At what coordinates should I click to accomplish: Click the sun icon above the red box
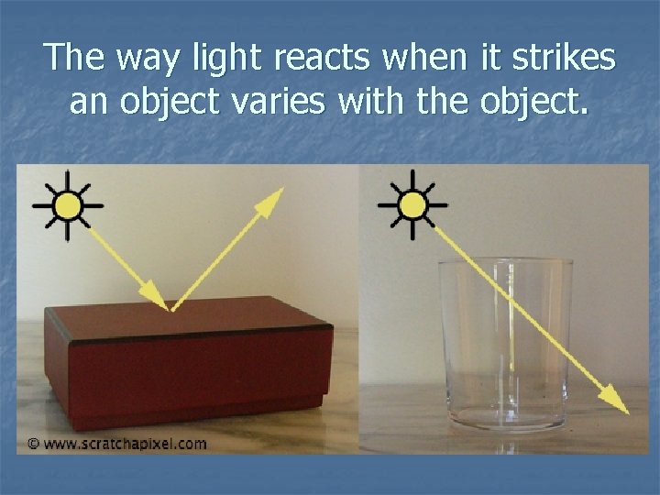tap(67, 204)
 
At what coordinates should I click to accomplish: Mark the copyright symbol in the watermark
tap(33, 444)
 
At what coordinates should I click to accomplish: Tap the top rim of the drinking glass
tap(505, 263)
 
